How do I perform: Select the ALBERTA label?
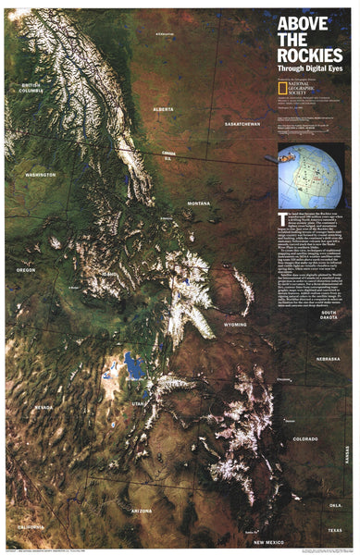point(163,108)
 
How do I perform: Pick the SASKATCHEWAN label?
point(242,123)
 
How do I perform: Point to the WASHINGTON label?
point(41,174)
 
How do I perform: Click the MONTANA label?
point(198,203)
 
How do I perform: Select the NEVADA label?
point(43,407)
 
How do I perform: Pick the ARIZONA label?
point(142,511)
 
